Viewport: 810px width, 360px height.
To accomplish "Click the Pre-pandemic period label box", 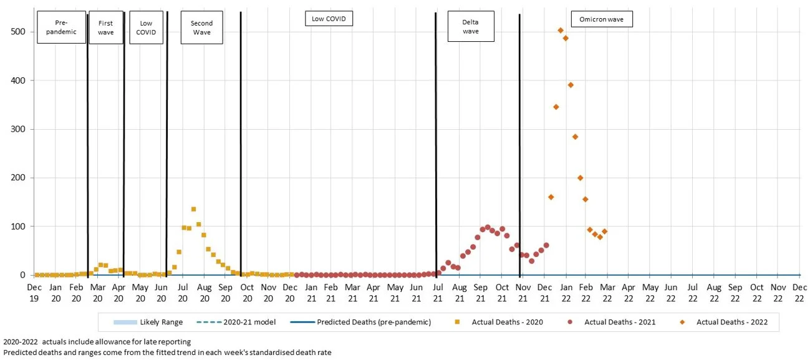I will point(61,27).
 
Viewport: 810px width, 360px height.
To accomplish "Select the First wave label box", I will point(106,27).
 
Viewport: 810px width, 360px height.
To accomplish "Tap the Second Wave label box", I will point(201,27).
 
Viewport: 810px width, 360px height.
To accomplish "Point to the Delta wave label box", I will point(471,27).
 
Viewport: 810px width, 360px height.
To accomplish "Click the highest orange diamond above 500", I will point(561,31).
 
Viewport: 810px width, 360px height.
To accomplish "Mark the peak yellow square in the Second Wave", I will point(193,210).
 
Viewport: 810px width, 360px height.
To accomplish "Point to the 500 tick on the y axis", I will point(18,32).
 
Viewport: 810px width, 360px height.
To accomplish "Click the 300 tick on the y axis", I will point(18,129).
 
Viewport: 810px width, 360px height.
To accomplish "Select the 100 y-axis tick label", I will point(18,226).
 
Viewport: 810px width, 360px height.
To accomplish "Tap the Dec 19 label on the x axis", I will point(35,293).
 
